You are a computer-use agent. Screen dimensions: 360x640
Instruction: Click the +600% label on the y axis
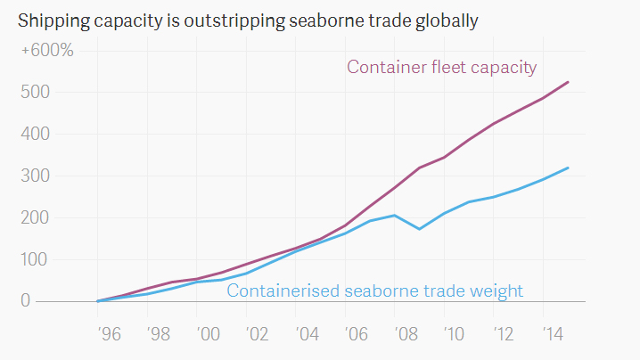(x=47, y=50)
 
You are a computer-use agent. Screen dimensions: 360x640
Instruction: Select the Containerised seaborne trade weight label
(x=374, y=290)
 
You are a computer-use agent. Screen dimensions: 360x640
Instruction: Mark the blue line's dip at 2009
(x=419, y=229)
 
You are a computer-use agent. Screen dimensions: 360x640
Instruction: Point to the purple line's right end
(x=569, y=82)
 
